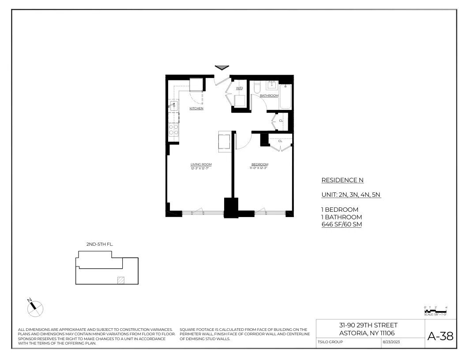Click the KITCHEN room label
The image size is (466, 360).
(x=196, y=109)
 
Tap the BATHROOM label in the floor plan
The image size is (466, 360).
(x=269, y=96)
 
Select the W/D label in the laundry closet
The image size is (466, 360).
(x=239, y=88)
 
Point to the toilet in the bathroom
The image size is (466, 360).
(x=257, y=88)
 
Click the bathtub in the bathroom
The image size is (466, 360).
(x=286, y=97)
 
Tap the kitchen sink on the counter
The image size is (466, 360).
(x=173, y=105)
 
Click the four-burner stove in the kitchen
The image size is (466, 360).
(x=173, y=129)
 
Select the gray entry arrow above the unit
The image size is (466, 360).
(x=222, y=67)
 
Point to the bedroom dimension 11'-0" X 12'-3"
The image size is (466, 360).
(x=259, y=168)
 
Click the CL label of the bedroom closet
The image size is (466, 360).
(x=280, y=141)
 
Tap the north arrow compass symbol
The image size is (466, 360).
(x=35, y=308)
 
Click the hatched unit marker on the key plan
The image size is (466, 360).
(x=120, y=280)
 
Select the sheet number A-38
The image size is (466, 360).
(x=440, y=336)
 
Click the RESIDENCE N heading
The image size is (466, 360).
(x=342, y=180)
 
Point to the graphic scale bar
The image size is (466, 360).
(x=435, y=311)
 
